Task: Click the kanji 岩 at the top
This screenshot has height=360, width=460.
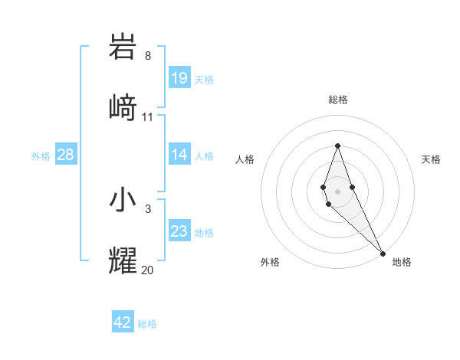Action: coord(123,47)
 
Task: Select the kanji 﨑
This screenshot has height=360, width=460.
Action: coord(123,107)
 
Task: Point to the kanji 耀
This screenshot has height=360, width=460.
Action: coord(123,260)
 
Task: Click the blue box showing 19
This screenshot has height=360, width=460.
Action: coord(179,78)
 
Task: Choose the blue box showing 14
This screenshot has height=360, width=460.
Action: coord(179,155)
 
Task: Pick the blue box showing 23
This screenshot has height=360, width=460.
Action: coord(179,231)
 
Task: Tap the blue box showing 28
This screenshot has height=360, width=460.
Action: coord(66,155)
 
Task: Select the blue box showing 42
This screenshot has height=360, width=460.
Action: coord(123,322)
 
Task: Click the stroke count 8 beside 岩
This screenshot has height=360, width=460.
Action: coord(148,56)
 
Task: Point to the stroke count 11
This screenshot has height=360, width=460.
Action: coord(148,117)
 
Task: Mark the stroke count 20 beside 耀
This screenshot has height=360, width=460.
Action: coord(148,270)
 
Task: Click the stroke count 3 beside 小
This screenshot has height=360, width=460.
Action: coord(148,208)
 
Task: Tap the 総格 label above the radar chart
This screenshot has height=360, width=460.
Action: coord(338,100)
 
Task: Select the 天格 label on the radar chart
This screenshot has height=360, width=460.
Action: coord(431,159)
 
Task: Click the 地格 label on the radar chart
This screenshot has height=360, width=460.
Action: coord(402,262)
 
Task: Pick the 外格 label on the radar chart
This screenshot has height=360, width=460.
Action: coord(270,262)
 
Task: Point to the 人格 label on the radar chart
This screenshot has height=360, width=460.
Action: coord(245,159)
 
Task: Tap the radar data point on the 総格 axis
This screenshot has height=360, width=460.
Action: coord(337,146)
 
